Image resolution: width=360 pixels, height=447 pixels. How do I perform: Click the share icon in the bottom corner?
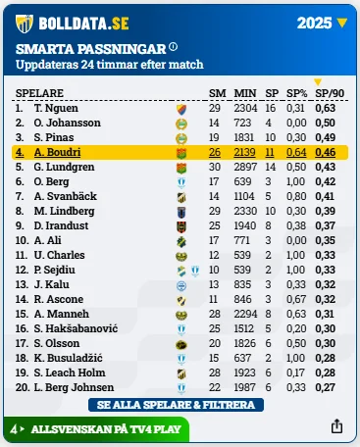click(x=336, y=426)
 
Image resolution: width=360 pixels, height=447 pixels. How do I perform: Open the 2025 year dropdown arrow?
click(x=342, y=23)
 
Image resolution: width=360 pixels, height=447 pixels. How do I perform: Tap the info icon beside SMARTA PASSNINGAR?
click(x=174, y=47)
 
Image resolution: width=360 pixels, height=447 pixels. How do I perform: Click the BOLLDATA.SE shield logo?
click(x=25, y=24)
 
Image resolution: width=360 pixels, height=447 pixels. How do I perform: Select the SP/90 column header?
click(x=330, y=93)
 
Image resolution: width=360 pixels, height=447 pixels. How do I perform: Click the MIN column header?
click(x=245, y=93)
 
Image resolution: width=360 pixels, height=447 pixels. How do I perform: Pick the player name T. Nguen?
click(x=56, y=108)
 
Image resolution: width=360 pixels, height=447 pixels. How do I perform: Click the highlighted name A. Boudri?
click(x=57, y=152)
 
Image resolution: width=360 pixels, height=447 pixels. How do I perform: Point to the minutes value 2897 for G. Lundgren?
click(x=245, y=167)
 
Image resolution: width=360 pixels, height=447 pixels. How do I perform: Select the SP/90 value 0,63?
click(x=326, y=108)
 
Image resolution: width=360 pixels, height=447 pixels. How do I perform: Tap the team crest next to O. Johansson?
click(x=181, y=124)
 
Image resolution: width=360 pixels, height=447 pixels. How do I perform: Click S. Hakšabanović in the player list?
click(x=76, y=328)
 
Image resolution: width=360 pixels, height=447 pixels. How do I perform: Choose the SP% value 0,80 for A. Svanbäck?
click(x=296, y=196)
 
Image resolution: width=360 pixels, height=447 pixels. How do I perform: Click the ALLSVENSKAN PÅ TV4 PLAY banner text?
click(x=106, y=429)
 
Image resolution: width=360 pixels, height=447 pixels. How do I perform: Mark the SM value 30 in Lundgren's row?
click(x=215, y=167)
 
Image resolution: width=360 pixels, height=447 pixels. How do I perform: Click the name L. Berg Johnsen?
click(x=74, y=387)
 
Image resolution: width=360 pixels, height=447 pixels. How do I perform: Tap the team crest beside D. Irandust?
click(x=181, y=226)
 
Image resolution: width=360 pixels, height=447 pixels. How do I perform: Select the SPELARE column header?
click(x=39, y=93)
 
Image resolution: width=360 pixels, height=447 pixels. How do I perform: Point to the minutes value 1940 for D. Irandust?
click(x=245, y=225)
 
